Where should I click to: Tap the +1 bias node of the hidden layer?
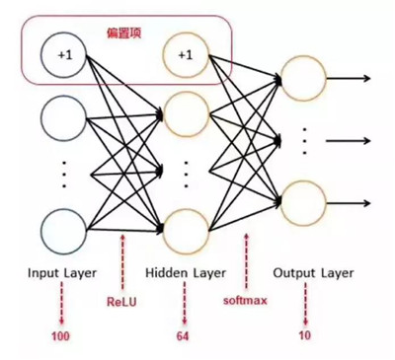click(x=185, y=55)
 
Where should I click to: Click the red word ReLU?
click(x=121, y=293)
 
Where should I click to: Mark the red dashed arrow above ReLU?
click(x=121, y=259)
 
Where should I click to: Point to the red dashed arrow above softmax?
click(x=245, y=259)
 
